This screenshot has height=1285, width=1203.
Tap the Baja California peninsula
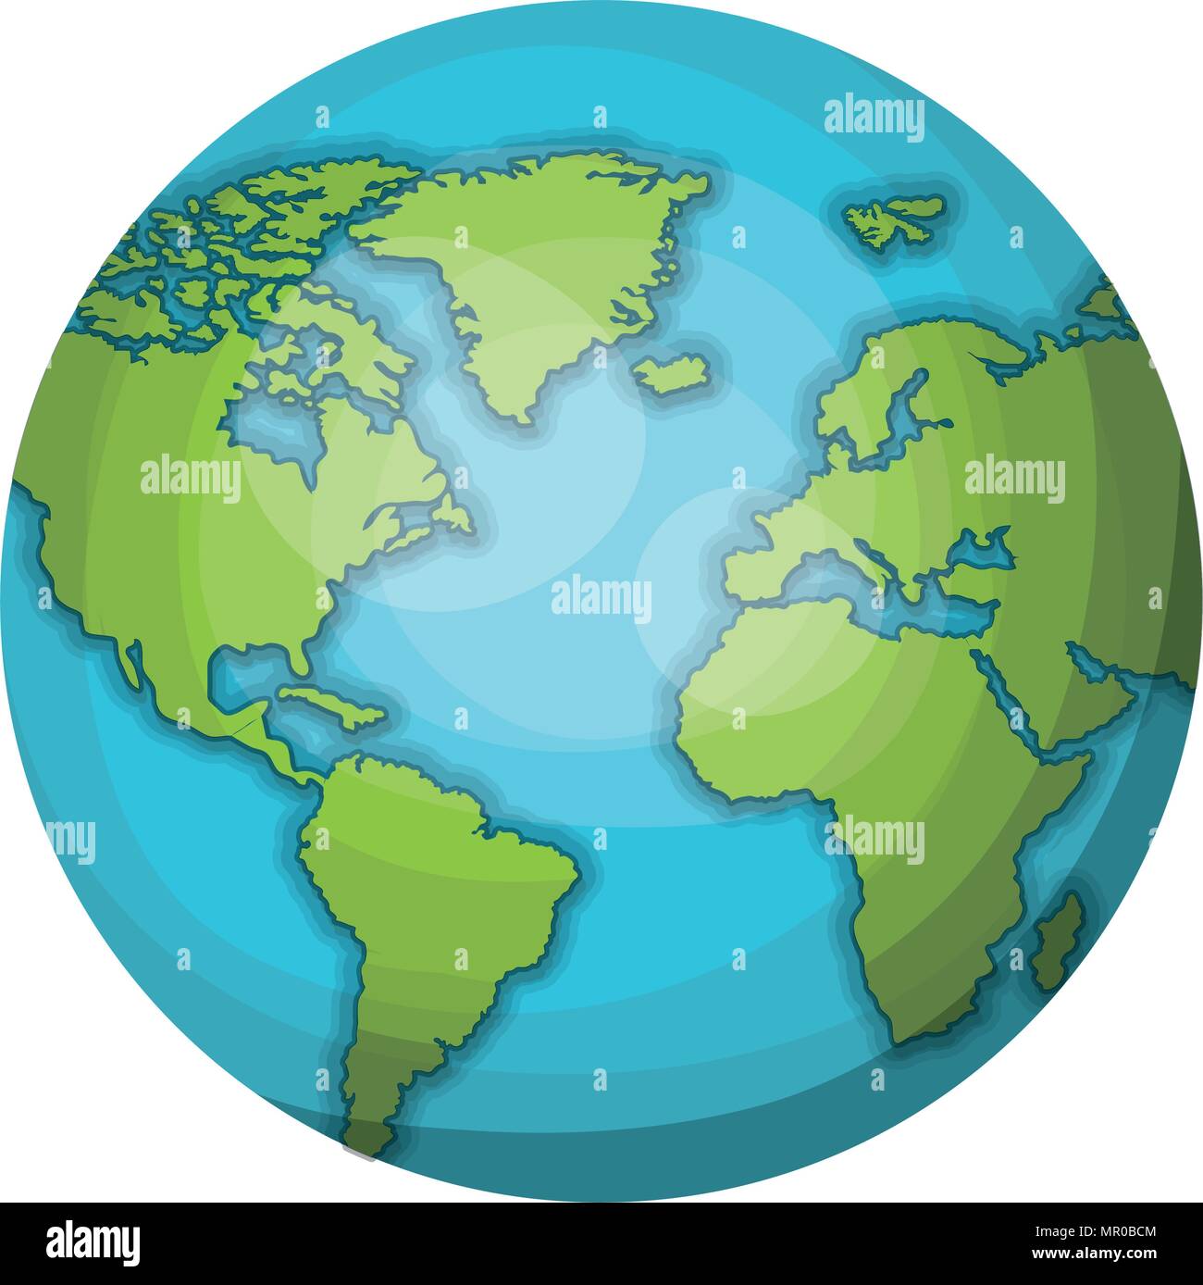point(132,662)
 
